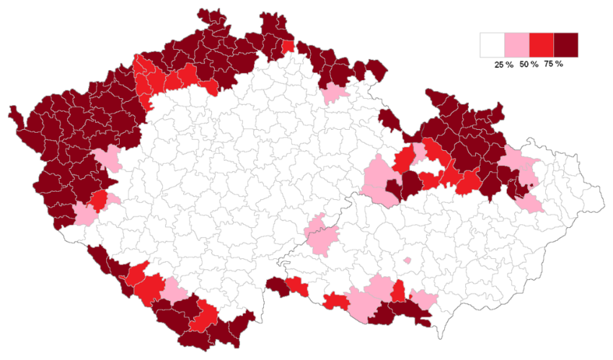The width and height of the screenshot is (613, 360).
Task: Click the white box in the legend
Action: tap(493, 45)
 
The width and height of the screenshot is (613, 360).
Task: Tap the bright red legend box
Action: tap(541, 45)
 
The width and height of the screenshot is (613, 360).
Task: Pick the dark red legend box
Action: tap(565, 45)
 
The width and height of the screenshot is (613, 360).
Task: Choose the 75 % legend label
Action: tap(553, 64)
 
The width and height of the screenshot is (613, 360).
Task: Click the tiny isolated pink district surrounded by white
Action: tap(407, 260)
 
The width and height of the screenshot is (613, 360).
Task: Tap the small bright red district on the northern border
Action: tap(288, 48)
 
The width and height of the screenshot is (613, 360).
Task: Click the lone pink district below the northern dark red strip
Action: tap(335, 93)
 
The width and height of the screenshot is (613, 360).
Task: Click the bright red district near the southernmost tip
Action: tap(204, 315)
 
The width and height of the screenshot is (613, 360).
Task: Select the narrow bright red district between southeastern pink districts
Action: tap(398, 291)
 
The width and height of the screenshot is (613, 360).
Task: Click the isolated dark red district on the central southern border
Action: tap(277, 286)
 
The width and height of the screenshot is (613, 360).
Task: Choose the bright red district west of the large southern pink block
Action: tap(336, 301)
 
